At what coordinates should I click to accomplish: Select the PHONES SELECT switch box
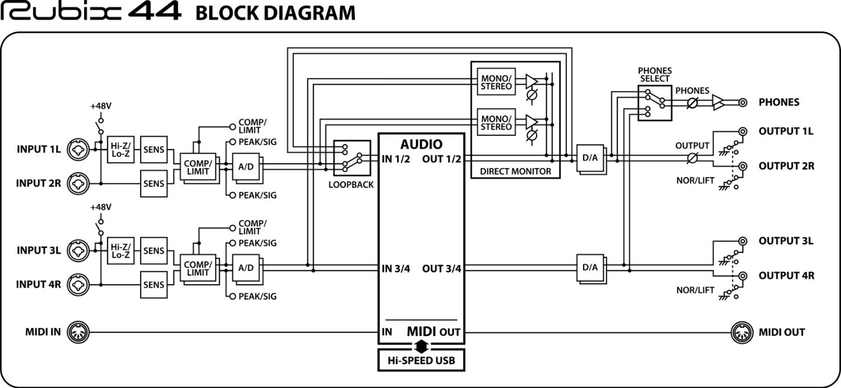[654, 102]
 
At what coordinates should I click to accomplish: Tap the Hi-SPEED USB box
[422, 361]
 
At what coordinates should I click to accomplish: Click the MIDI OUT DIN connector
[741, 332]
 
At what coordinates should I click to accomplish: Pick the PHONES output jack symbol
[743, 103]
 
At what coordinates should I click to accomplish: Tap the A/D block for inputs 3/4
[246, 268]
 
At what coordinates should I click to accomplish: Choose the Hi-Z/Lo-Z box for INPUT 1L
[121, 149]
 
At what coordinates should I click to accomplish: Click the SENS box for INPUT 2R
[154, 183]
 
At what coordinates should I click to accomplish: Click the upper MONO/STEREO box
[496, 82]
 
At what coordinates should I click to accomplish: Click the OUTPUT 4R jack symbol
[743, 275]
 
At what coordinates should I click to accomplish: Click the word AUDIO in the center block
[421, 144]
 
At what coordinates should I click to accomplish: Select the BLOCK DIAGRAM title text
[275, 12]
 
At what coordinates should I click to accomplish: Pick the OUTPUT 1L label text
[785, 132]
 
